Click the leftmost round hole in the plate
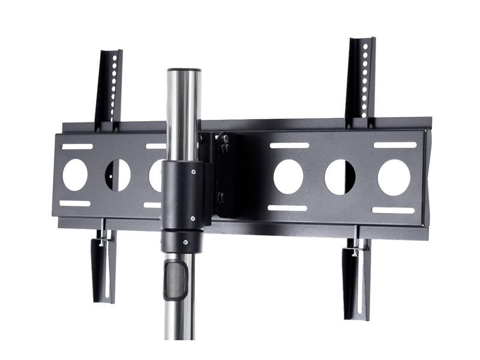[75, 175]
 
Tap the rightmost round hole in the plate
[394, 177]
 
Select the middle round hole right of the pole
[340, 177]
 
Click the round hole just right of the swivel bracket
[288, 176]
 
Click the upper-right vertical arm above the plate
[361, 82]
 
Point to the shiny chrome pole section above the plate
[183, 114]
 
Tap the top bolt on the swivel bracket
[224, 139]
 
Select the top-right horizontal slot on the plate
[395, 145]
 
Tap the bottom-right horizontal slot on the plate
[393, 210]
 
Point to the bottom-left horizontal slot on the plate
[75, 203]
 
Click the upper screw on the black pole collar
[194, 172]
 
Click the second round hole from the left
[118, 175]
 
